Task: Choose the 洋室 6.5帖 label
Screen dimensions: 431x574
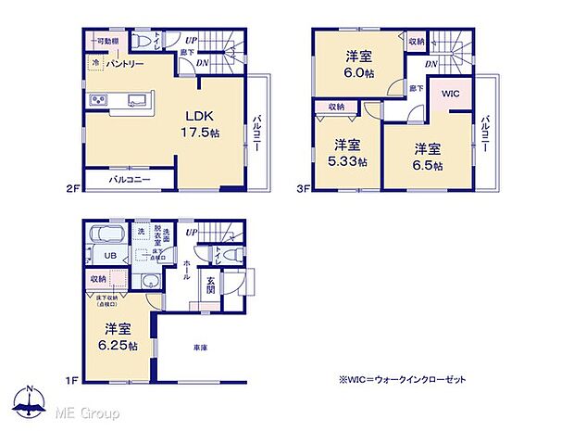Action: (x=427, y=157)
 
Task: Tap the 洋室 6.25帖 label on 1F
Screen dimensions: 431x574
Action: (x=117, y=336)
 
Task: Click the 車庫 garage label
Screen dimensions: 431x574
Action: (x=200, y=348)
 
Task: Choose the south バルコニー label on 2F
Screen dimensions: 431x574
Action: (x=129, y=179)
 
